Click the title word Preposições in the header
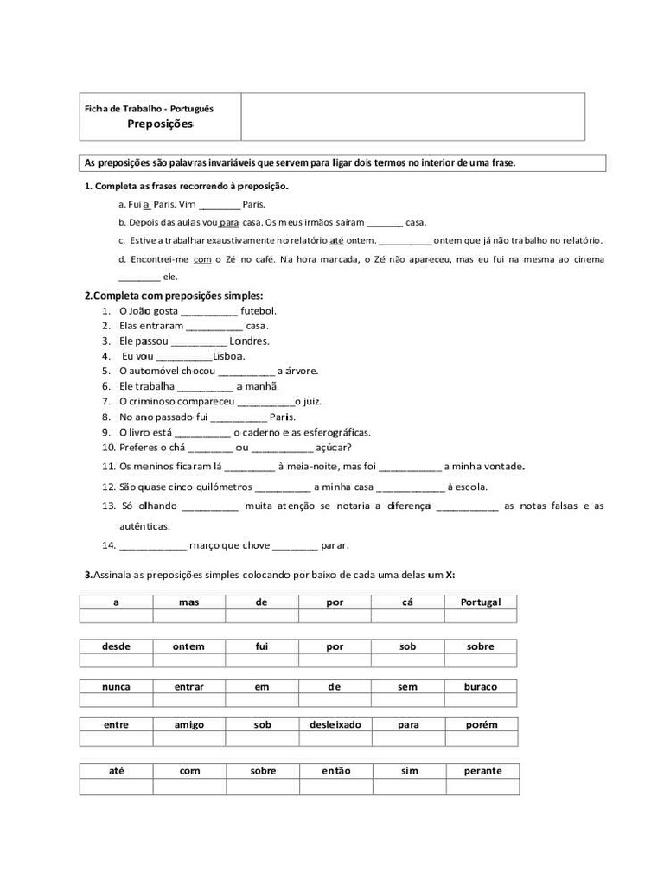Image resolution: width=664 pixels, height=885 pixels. coord(160,124)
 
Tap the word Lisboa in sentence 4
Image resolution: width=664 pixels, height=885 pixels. coord(229,356)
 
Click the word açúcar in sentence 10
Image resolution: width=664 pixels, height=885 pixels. coord(333,448)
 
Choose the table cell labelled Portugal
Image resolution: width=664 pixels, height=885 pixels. coord(481,602)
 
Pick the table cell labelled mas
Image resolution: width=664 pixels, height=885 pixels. coord(189,602)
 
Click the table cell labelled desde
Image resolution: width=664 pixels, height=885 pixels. coord(116,646)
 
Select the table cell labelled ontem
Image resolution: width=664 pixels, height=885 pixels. coord(188,646)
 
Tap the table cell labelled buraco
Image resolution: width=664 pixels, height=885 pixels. coord(481,687)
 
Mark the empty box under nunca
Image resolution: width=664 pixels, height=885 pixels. coord(116,701)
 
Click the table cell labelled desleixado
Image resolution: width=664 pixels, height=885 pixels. coord(335,725)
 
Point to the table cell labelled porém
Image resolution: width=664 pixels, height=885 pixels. coord(481,725)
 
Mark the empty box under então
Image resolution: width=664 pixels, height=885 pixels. coord(335,786)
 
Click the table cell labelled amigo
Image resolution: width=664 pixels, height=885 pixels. coord(189,725)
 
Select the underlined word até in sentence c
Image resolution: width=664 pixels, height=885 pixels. coord(337,240)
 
